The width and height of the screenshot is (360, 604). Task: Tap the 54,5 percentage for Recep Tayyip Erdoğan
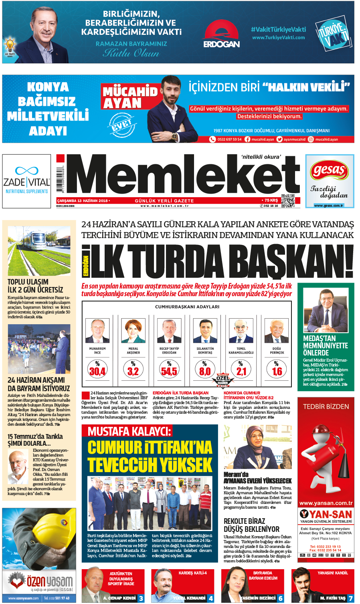(x=169, y=371)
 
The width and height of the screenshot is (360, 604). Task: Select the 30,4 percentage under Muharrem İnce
(x=97, y=371)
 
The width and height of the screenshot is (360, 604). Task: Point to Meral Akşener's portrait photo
(x=133, y=331)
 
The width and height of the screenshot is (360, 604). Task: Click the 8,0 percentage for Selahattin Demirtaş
(x=204, y=371)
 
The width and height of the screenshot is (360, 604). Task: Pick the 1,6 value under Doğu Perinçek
(x=277, y=371)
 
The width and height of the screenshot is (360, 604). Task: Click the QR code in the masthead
(x=288, y=201)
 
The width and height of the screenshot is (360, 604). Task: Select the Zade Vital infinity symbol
(x=26, y=171)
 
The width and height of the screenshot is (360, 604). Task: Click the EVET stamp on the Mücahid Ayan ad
(x=121, y=125)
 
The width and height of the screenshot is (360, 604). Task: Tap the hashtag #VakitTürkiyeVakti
(x=278, y=29)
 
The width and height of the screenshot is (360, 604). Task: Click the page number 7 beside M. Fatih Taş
(x=350, y=598)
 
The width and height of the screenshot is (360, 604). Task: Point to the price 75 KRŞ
(x=271, y=200)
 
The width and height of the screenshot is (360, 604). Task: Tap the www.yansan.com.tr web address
(x=326, y=503)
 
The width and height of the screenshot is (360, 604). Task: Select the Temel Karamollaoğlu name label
(x=241, y=351)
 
